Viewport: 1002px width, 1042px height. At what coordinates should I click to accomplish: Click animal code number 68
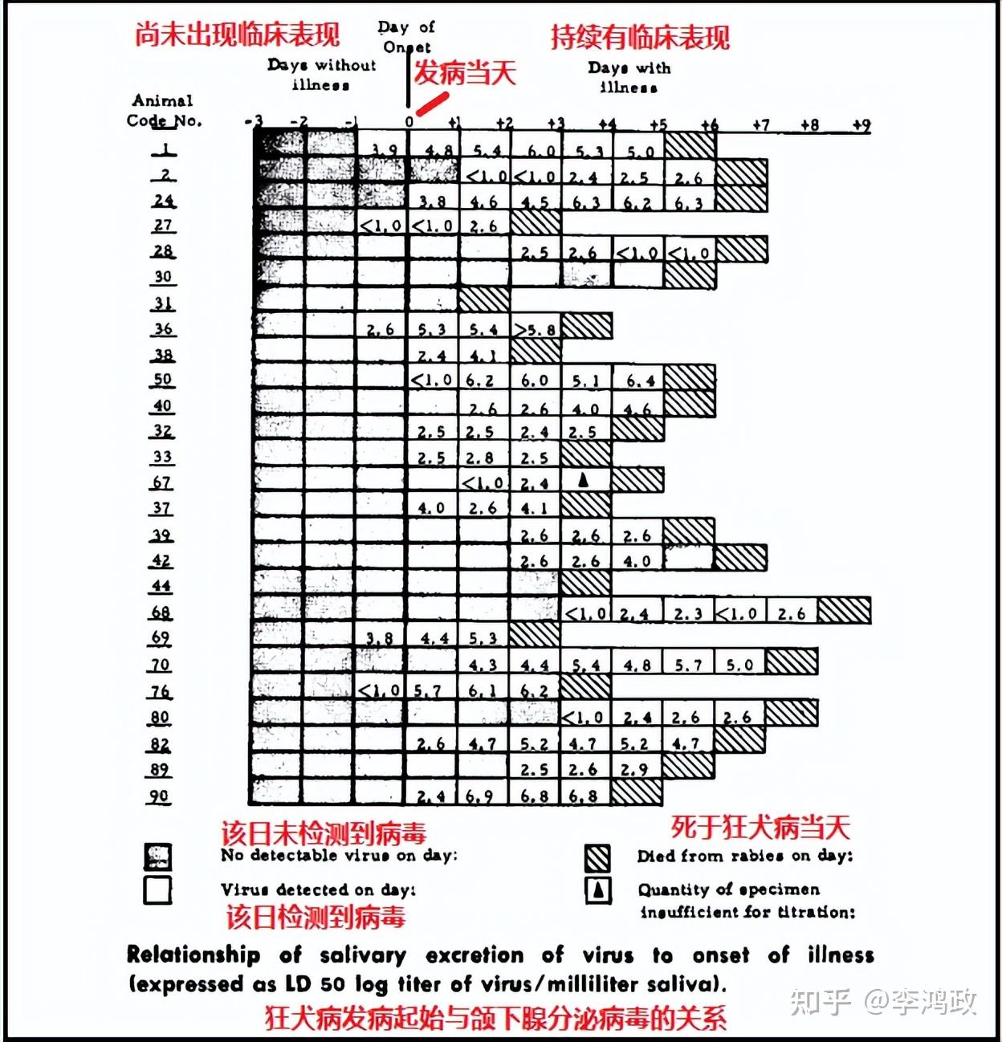161,613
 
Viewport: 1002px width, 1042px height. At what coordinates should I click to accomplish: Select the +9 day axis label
861,125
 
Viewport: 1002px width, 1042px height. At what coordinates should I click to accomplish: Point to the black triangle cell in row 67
585,480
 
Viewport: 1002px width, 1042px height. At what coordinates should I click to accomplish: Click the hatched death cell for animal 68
844,612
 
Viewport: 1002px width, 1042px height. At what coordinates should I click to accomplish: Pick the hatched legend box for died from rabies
597,857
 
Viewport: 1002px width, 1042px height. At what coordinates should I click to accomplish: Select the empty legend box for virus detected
157,890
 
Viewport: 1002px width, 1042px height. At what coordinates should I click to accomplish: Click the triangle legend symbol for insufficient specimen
598,889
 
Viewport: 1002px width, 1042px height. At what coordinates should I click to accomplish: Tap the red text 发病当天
465,74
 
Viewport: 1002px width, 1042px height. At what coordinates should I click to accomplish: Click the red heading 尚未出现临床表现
237,35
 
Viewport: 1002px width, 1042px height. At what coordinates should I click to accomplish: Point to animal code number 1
165,149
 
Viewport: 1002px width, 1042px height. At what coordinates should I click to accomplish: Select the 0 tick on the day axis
409,122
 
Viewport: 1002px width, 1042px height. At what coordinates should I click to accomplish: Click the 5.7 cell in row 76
433,690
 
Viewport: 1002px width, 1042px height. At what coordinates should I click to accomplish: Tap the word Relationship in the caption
193,954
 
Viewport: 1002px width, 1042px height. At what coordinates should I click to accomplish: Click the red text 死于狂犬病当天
760,827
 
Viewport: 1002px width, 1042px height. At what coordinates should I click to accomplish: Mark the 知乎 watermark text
819,1001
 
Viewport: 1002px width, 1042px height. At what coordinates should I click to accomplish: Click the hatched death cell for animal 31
484,300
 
